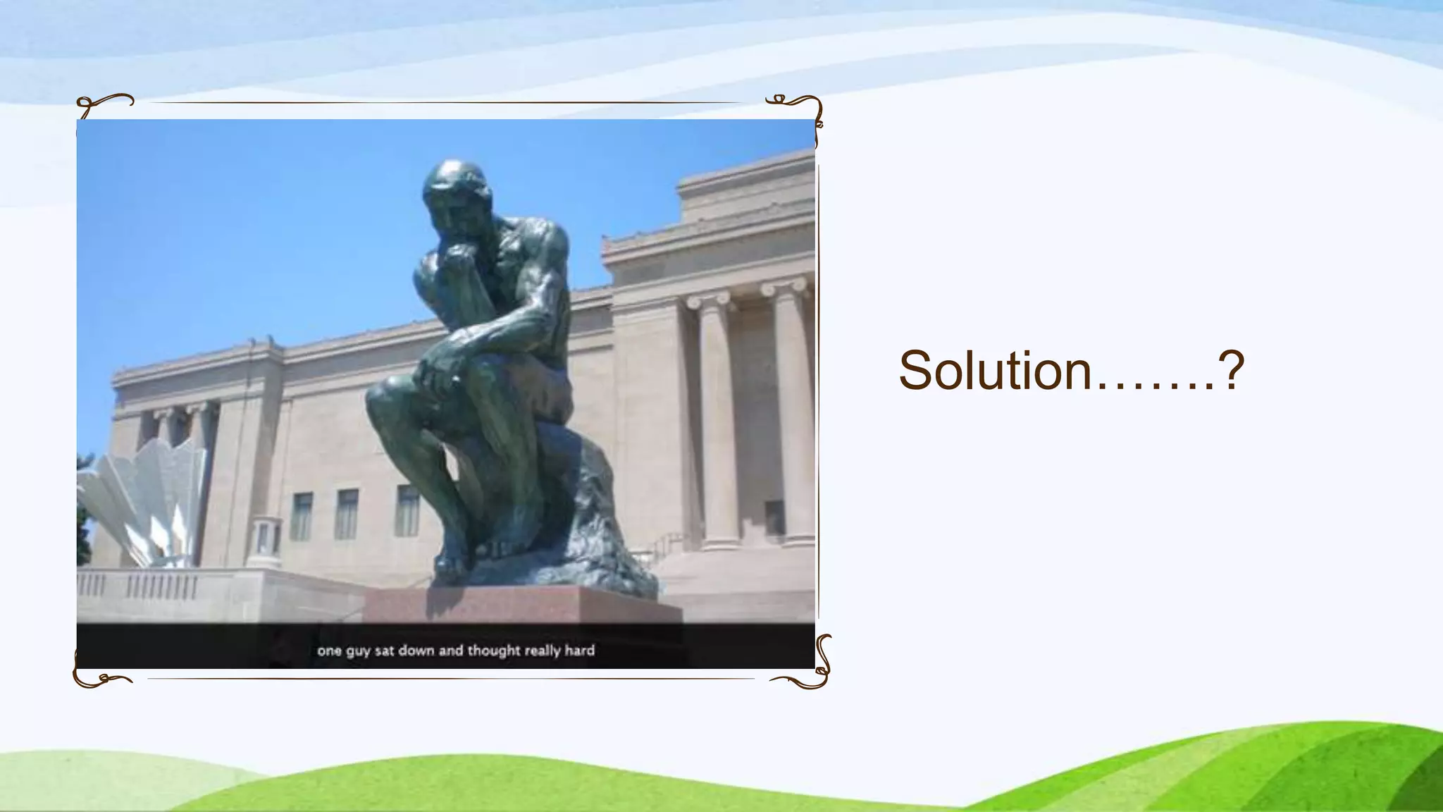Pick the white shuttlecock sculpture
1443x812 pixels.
pyautogui.click(x=144, y=497)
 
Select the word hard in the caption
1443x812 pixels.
pyautogui.click(x=579, y=650)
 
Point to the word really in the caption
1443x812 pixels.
pyautogui.click(x=541, y=650)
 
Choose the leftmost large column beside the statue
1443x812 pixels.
pyautogui.click(x=717, y=423)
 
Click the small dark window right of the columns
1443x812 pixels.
pyautogui.click(x=774, y=518)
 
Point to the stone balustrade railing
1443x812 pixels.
pyautogui.click(x=141, y=586)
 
